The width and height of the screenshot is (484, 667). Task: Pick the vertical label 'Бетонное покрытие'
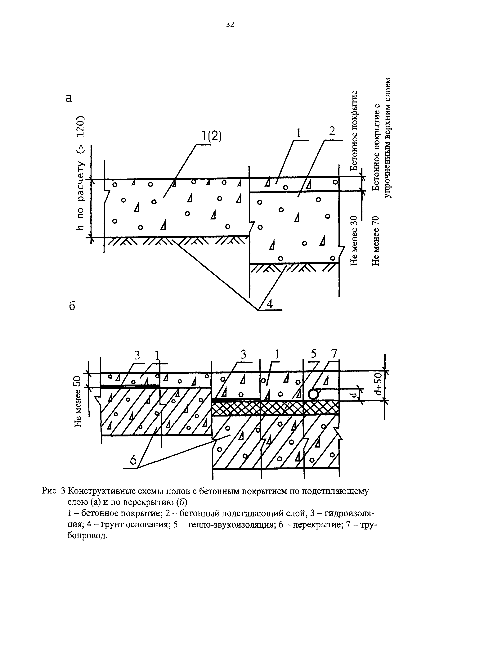(x=355, y=131)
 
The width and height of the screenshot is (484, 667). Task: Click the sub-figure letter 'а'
(x=69, y=98)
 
